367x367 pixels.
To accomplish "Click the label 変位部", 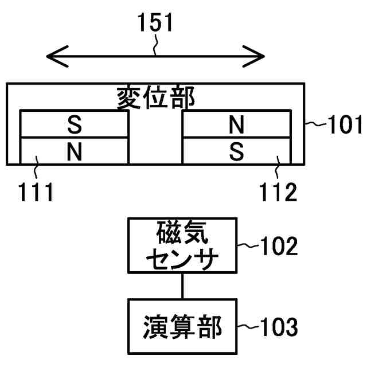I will (x=155, y=98).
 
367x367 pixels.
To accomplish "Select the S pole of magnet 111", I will (x=74, y=124).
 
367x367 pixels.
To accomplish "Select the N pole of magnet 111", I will (x=74, y=151).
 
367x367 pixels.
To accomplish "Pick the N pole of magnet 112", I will (x=236, y=124).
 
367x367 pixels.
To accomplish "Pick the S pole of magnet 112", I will (x=236, y=151).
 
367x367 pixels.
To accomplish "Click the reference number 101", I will (x=343, y=124).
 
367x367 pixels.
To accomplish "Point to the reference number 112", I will (x=277, y=193).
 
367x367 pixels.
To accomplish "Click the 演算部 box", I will (x=183, y=326).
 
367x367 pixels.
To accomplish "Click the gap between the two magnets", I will (x=155, y=138).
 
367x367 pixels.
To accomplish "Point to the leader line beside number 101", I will (x=313, y=123).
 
